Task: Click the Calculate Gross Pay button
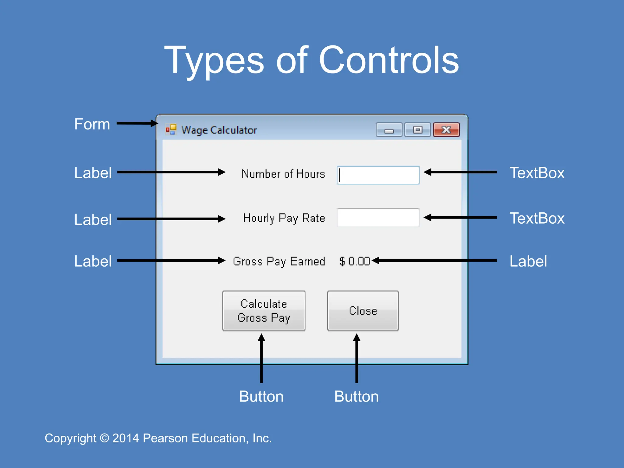pyautogui.click(x=264, y=311)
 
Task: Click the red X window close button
pyautogui.click(x=446, y=130)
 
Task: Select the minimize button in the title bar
pyautogui.click(x=389, y=130)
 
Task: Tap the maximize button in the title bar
pyautogui.click(x=417, y=130)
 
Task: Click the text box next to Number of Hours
pyautogui.click(x=378, y=175)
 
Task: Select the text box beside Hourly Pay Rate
pyautogui.click(x=378, y=218)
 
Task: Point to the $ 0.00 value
pyautogui.click(x=355, y=261)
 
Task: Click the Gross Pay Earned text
pyautogui.click(x=279, y=261)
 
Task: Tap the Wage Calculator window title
pyautogui.click(x=219, y=130)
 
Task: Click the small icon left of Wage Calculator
pyautogui.click(x=171, y=129)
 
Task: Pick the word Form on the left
pyautogui.click(x=92, y=124)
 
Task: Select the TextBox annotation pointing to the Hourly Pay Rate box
pyautogui.click(x=537, y=218)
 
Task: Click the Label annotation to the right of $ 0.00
pyautogui.click(x=528, y=261)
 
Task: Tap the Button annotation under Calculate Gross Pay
pyautogui.click(x=261, y=396)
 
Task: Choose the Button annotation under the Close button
pyautogui.click(x=356, y=396)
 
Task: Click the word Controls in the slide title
pyautogui.click(x=388, y=60)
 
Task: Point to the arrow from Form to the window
pyautogui.click(x=137, y=123)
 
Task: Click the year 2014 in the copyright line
pyautogui.click(x=126, y=438)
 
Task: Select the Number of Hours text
pyautogui.click(x=283, y=174)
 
